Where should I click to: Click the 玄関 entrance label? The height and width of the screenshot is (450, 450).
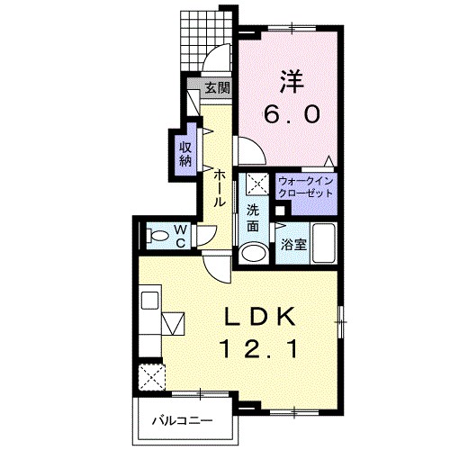218,88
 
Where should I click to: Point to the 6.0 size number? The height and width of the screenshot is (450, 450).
292,114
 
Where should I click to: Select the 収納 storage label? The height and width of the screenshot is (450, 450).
185,154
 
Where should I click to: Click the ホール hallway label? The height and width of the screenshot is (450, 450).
220,188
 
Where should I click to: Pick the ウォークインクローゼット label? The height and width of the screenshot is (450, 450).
306,187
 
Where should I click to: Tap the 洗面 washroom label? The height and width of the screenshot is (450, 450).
253,218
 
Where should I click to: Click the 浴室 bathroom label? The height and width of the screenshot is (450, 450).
293,245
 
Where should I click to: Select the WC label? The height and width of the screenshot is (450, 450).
180,237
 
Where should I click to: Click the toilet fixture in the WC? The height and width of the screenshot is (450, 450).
157,236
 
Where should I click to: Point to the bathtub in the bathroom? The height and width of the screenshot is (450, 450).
324,243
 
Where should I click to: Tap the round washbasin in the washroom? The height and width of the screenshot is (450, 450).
254,254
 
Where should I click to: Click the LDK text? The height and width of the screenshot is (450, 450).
259,318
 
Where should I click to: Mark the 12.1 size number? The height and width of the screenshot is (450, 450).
260,348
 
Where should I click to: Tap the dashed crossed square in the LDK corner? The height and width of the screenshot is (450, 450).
152,377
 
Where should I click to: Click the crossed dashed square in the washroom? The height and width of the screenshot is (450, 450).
257,184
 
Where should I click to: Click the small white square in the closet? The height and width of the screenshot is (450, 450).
280,211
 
